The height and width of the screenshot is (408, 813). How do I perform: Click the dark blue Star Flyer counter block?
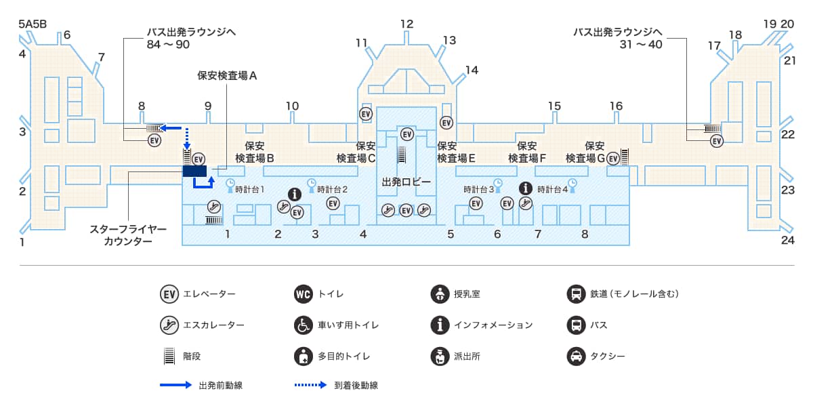pyautogui.click(x=194, y=171)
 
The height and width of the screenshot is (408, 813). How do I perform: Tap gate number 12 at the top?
pyautogui.click(x=406, y=24)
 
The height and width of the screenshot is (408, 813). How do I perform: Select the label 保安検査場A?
pyautogui.click(x=227, y=77)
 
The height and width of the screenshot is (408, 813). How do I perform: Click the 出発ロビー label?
pyautogui.click(x=406, y=182)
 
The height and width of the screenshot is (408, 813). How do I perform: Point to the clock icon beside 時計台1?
pyautogui.click(x=230, y=183)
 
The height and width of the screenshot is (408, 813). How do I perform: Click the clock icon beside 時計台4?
pyautogui.click(x=572, y=183)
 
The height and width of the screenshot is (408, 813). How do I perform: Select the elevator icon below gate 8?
pyautogui.click(x=154, y=140)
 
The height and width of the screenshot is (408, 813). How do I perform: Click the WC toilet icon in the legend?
pyautogui.click(x=303, y=294)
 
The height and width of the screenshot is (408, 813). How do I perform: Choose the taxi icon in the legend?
pyautogui.click(x=575, y=356)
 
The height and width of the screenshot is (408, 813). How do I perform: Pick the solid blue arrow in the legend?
pyautogui.click(x=175, y=385)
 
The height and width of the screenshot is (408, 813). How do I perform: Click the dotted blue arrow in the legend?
pyautogui.click(x=310, y=385)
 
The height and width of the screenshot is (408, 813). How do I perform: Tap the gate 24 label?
pyautogui.click(x=787, y=240)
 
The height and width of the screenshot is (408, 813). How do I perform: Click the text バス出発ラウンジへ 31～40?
pyautogui.click(x=617, y=38)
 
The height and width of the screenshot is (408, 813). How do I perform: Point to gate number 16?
pyautogui.click(x=616, y=106)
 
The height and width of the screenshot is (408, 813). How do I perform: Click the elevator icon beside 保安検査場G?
pyautogui.click(x=613, y=158)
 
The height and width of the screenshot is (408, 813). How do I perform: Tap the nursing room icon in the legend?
pyautogui.click(x=440, y=294)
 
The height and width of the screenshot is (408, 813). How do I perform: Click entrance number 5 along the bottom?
pyautogui.click(x=450, y=234)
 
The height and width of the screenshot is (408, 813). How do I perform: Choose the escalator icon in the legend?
pyautogui.click(x=169, y=325)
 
